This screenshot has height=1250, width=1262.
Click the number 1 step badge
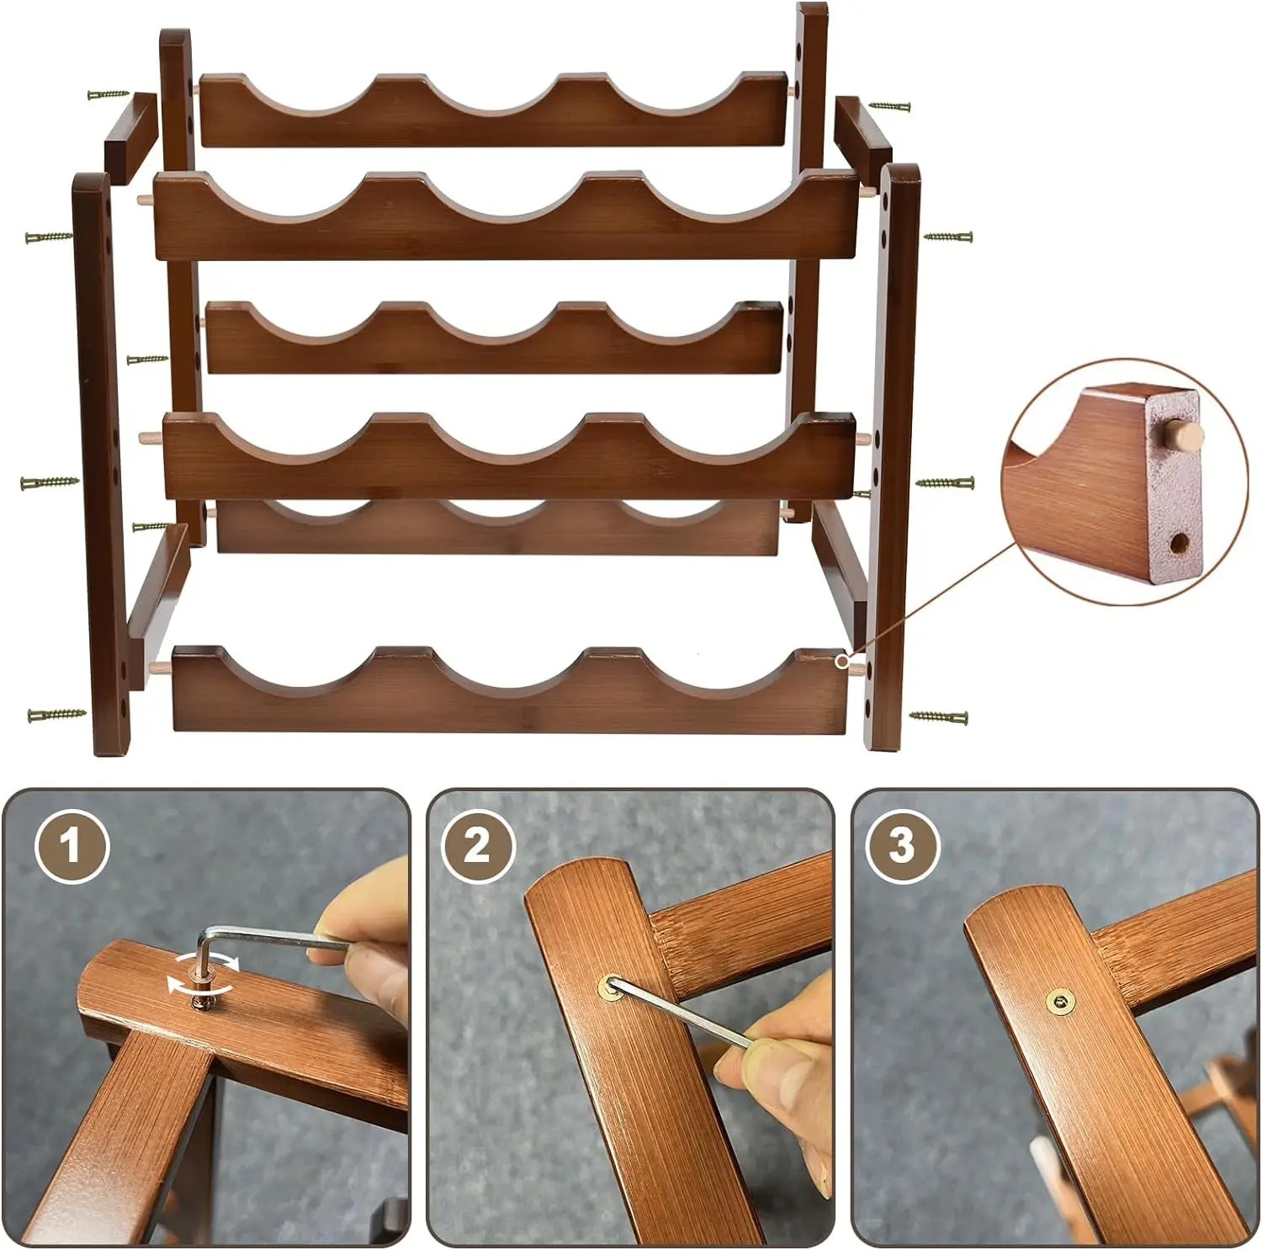coord(72,845)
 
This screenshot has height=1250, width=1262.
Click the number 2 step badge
coord(476,845)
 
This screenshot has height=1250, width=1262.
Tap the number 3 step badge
coord(901,845)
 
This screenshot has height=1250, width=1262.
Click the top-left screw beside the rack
coord(109,95)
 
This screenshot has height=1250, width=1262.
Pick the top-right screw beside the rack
coord(890,107)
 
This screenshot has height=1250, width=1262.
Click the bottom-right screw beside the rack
coord(938,717)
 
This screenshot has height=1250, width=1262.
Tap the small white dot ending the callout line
coord(840,662)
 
